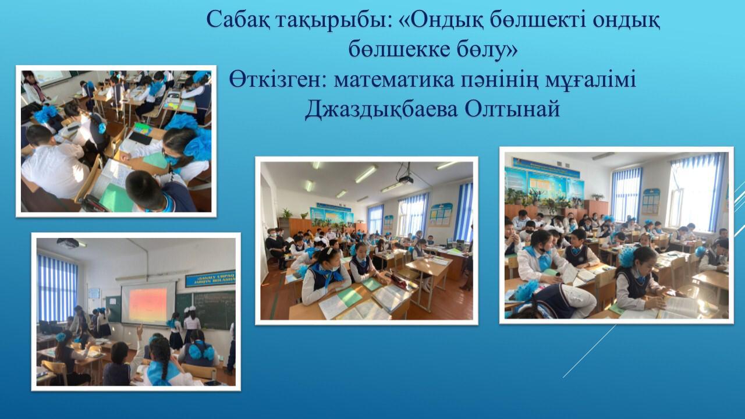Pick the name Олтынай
[x=512, y=108]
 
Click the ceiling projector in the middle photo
[x=406, y=180]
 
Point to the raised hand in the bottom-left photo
[x=140, y=331]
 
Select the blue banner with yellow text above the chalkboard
[x=211, y=279]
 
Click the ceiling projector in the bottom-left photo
[x=68, y=243]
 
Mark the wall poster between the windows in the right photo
[x=651, y=201]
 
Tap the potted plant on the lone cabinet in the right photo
[x=598, y=197]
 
